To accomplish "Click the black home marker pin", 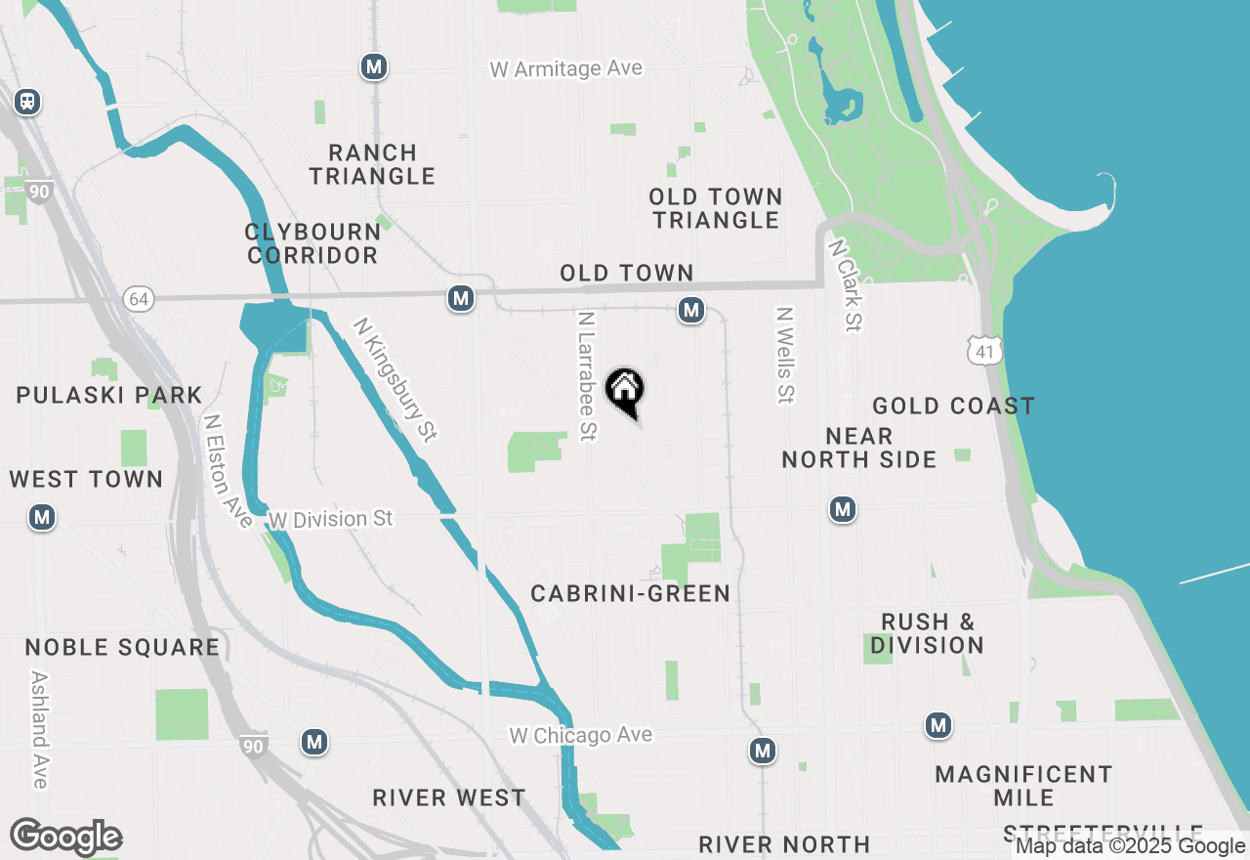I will point(625,391).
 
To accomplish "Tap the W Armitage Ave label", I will point(566,68).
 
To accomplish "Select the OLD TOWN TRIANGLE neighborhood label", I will point(716,208).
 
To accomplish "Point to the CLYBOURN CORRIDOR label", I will point(312,243).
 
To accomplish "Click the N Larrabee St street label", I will point(586,376).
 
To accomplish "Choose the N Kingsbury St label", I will point(396,379).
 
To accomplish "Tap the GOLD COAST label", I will point(953,406).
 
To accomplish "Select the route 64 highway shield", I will point(139,299).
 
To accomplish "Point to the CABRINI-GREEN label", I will point(630,593).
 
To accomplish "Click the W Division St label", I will point(330,518).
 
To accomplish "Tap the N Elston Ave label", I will point(227,471).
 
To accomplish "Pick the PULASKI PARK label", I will point(109,396).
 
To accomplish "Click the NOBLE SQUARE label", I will point(122,647).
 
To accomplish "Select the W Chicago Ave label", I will point(580,735).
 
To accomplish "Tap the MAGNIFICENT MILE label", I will point(1023,786).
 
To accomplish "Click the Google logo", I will point(65,838).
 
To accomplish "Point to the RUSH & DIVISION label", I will point(927,633).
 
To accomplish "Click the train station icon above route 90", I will point(27,101).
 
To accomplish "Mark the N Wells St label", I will point(784,356).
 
